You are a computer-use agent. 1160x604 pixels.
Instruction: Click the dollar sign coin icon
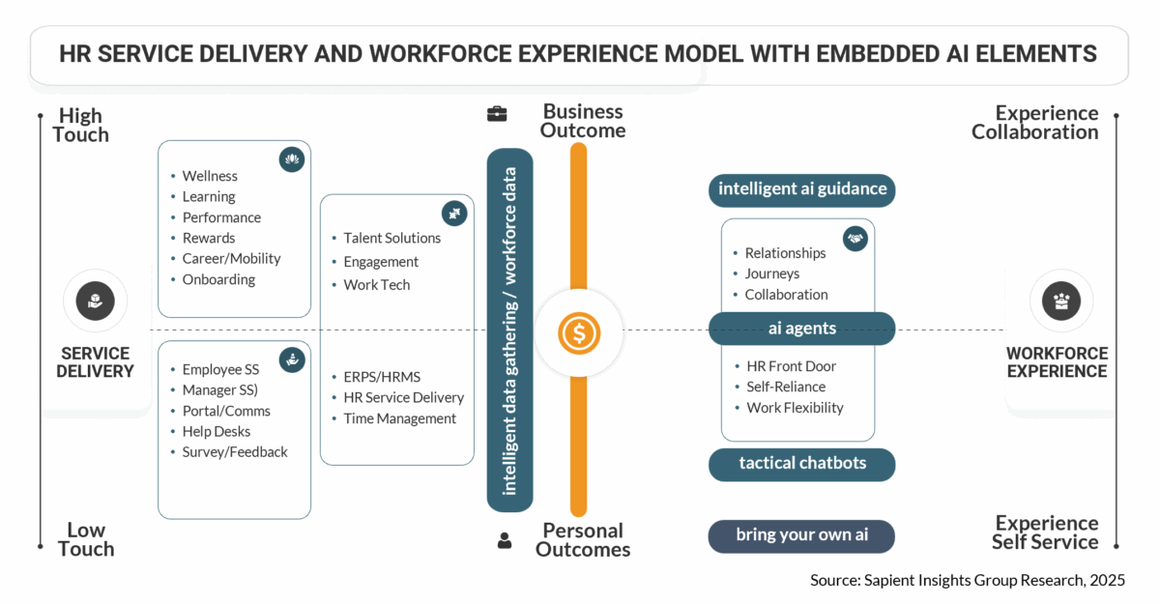click(578, 333)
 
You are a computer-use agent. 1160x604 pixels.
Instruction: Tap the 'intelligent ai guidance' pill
click(802, 189)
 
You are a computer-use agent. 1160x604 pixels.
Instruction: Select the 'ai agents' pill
click(802, 329)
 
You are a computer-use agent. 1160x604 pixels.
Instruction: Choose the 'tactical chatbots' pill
click(802, 464)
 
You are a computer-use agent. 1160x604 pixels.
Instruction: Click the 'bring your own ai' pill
click(801, 535)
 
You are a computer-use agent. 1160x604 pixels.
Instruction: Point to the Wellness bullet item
click(210, 176)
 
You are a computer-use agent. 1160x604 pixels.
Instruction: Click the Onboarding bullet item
click(218, 279)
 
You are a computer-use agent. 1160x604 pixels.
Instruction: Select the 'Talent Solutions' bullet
click(391, 238)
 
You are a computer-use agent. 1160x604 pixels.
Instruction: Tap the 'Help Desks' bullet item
click(216, 431)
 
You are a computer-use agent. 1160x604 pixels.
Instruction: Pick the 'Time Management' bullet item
click(399, 418)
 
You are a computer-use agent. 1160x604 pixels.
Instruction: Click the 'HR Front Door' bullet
click(791, 366)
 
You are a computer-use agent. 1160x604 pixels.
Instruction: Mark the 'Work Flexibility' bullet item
click(795, 408)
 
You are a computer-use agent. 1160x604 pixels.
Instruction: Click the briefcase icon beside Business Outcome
click(497, 114)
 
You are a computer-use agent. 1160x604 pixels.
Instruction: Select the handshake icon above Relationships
click(855, 238)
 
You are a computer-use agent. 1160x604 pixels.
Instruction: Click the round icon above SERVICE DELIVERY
click(95, 301)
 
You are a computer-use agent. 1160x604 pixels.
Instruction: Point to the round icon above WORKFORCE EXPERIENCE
click(1061, 301)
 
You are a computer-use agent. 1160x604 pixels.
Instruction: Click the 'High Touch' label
click(81, 126)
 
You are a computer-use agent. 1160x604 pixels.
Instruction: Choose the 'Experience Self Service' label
click(1046, 532)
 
